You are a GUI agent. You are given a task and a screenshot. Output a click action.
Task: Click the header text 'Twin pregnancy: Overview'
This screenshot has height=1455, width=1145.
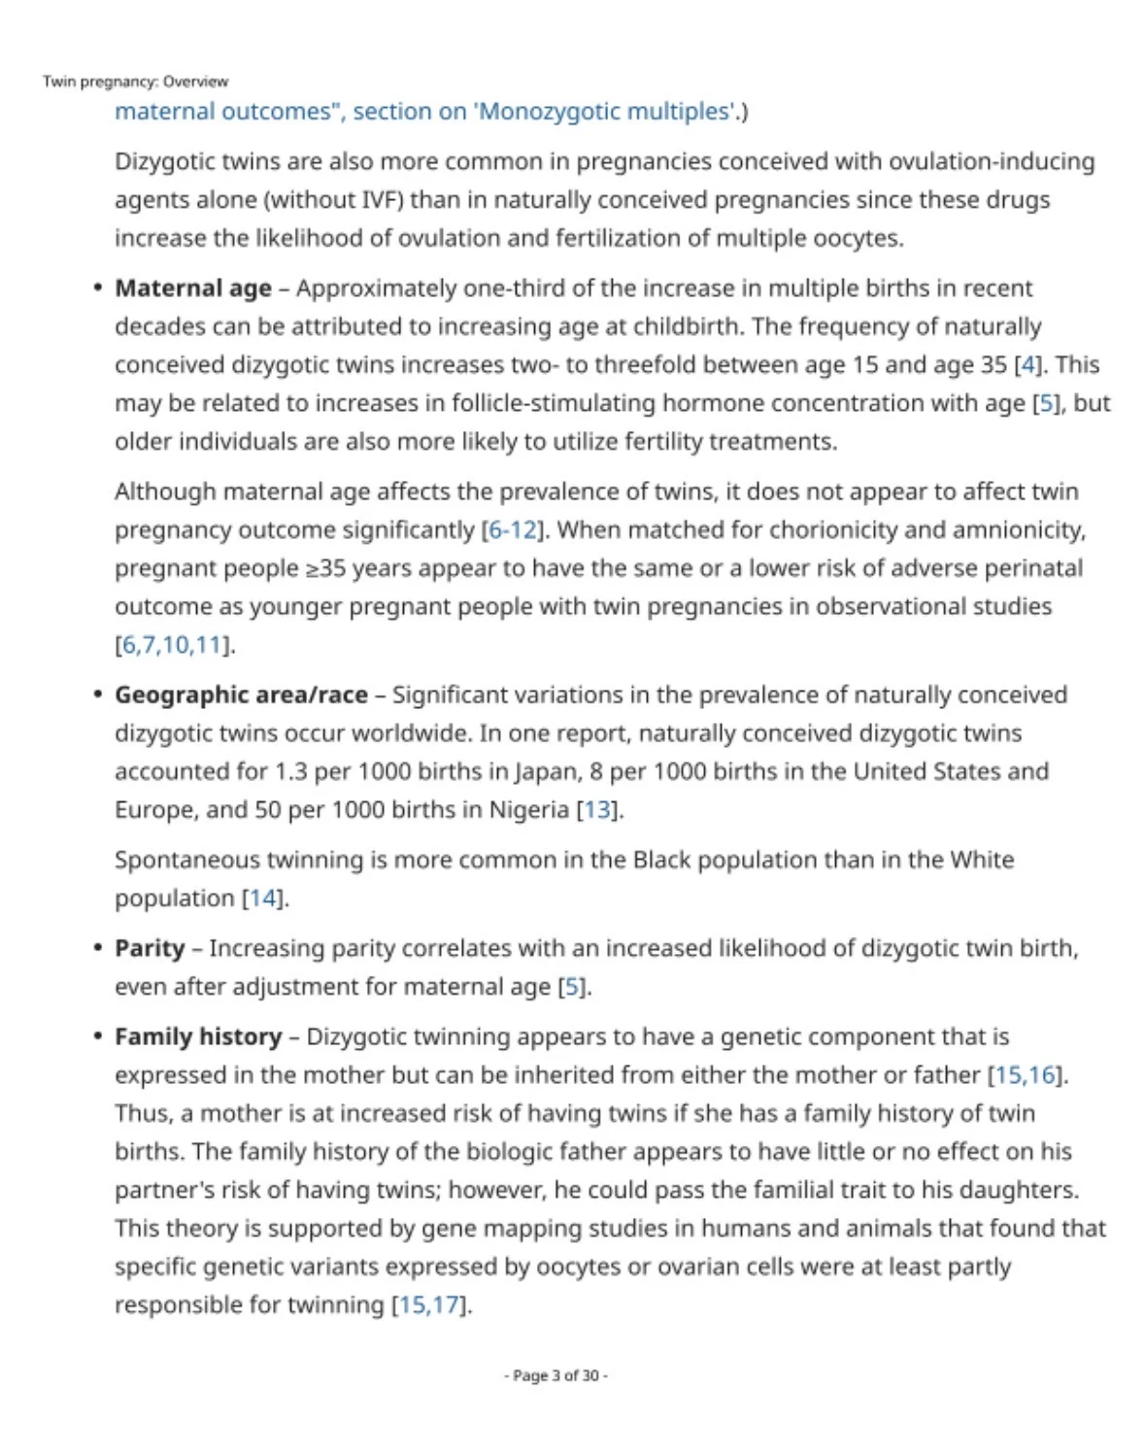pyautogui.click(x=135, y=82)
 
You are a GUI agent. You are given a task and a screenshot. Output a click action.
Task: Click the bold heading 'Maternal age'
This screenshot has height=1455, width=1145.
pyautogui.click(x=193, y=288)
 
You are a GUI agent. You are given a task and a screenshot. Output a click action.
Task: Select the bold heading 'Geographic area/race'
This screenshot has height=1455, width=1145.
pyautogui.click(x=241, y=695)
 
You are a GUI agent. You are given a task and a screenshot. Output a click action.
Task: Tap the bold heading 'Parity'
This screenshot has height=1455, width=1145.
pyautogui.click(x=150, y=948)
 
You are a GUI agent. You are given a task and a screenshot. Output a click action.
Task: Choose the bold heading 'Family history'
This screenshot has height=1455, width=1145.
pyautogui.click(x=198, y=1036)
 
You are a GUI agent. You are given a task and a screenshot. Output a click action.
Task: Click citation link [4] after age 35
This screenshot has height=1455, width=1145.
pyautogui.click(x=1027, y=365)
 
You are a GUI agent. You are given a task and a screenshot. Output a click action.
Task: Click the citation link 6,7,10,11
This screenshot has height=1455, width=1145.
pyautogui.click(x=174, y=645)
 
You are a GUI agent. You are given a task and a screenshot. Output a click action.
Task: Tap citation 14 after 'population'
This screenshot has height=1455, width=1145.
pyautogui.click(x=263, y=898)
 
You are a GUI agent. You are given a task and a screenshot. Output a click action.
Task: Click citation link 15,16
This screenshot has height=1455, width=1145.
pyautogui.click(x=1026, y=1075)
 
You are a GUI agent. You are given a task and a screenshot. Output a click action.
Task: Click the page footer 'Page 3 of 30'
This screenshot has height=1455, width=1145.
pyautogui.click(x=556, y=1375)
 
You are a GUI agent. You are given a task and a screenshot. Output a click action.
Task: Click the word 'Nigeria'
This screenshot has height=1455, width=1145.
pyautogui.click(x=529, y=810)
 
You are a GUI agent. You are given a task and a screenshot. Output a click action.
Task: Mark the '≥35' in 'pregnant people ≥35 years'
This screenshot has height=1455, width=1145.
pyautogui.click(x=326, y=568)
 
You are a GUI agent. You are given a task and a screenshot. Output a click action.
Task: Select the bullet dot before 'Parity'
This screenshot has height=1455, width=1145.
pyautogui.click(x=97, y=948)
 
